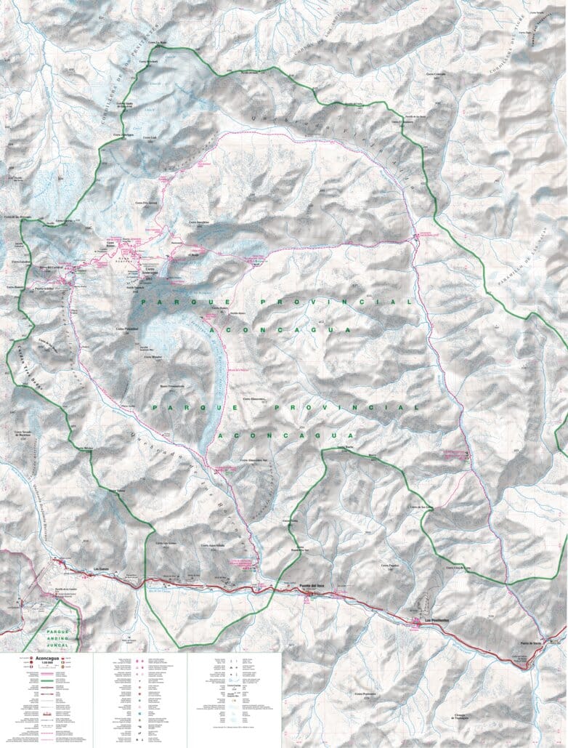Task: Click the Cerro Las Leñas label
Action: click(165, 543)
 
